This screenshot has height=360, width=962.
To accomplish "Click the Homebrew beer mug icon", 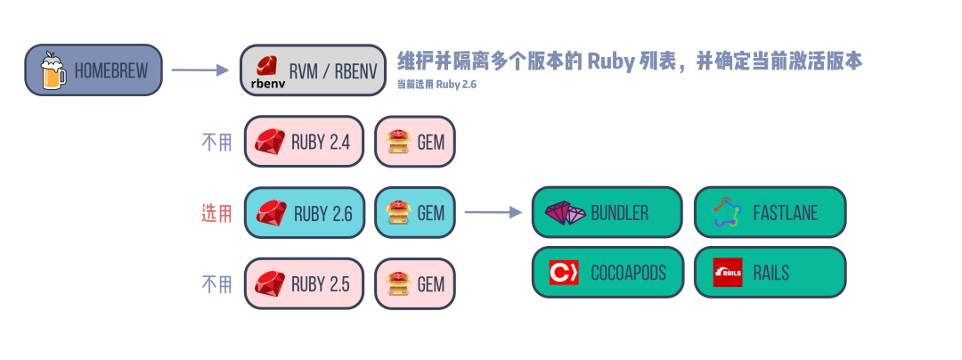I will [x=53, y=70].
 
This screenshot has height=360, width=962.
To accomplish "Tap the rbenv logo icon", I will [x=265, y=71].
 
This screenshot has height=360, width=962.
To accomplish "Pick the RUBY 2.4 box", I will [x=304, y=141].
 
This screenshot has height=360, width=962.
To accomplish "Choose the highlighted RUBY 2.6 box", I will [x=304, y=213].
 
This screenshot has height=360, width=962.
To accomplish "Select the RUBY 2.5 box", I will [x=304, y=283].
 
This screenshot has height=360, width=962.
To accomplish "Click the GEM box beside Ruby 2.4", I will [x=415, y=141].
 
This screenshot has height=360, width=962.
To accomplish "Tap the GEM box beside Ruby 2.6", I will [x=415, y=213].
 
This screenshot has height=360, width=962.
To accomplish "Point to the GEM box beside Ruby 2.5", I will [x=415, y=283].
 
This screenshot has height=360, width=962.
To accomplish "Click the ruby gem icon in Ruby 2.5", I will [x=269, y=283].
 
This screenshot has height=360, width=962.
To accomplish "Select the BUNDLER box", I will [x=607, y=212].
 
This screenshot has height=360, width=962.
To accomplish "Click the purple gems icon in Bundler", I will [x=566, y=212].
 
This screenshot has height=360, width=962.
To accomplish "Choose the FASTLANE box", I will [x=770, y=212].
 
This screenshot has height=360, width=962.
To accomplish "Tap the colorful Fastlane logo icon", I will [x=728, y=212].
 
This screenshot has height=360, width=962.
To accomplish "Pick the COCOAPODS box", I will [x=607, y=272].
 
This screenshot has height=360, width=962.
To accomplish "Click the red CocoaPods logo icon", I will [x=564, y=273].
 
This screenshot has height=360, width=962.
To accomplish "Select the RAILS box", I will [x=770, y=272].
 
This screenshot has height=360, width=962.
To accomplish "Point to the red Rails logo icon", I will [x=728, y=273].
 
